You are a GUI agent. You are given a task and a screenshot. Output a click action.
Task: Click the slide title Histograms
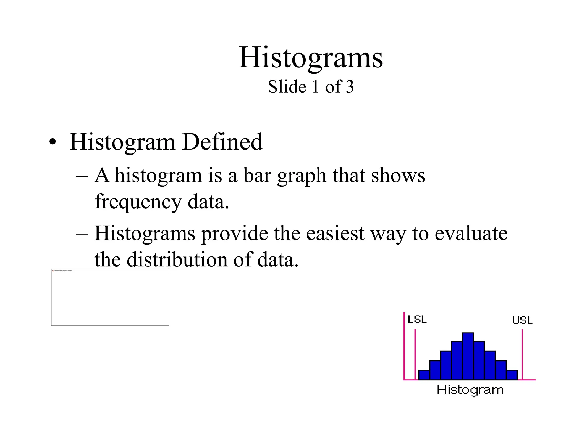(311, 58)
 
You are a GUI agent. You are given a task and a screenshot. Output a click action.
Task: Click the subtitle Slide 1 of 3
(311, 87)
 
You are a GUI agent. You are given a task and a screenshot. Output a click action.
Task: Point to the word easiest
(335, 234)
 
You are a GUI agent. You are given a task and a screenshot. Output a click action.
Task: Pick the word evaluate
(471, 234)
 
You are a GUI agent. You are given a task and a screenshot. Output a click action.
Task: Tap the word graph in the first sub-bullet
(302, 176)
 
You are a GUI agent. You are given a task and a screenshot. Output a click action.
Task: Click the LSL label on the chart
(417, 319)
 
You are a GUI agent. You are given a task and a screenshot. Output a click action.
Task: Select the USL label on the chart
(522, 320)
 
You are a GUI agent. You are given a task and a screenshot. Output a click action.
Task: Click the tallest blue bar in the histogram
(468, 356)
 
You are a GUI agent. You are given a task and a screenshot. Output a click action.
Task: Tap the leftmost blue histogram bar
(424, 375)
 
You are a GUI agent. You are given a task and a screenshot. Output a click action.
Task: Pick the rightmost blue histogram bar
(512, 375)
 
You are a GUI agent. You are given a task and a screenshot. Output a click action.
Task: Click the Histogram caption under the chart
(470, 390)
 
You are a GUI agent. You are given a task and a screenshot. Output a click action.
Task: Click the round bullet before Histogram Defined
(52, 142)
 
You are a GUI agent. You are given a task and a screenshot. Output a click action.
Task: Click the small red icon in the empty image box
(53, 271)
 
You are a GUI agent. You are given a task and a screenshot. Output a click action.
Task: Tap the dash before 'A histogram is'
(82, 176)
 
